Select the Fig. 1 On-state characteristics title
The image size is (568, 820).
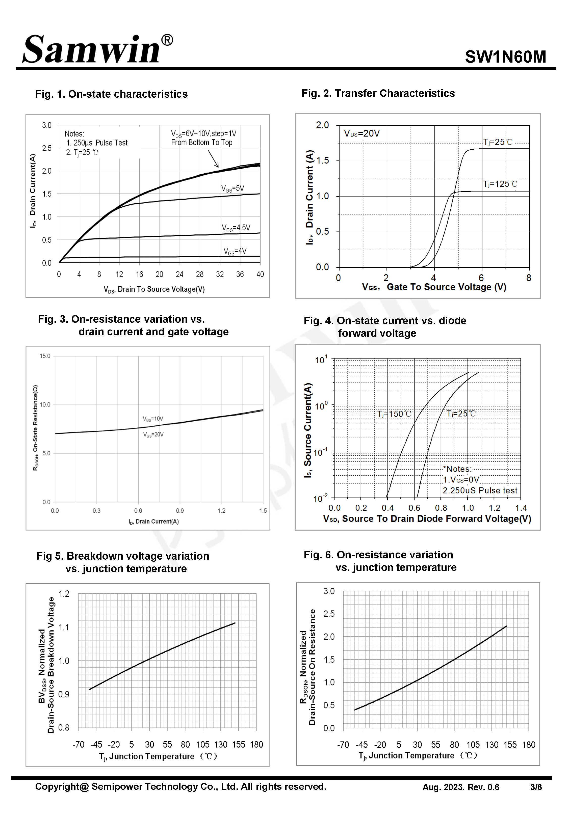click(111, 94)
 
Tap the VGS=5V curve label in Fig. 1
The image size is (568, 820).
click(233, 188)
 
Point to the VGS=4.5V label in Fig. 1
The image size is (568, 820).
click(236, 228)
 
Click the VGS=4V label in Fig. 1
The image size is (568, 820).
click(235, 251)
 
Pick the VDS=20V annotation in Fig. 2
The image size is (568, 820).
click(362, 133)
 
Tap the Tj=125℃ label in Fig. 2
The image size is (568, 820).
click(500, 184)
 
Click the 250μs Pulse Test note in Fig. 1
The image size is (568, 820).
click(97, 143)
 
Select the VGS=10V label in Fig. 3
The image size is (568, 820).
click(153, 419)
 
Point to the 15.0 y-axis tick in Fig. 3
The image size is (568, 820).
click(45, 356)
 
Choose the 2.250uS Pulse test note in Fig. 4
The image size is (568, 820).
click(480, 490)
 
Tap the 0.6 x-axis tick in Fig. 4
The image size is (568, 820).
click(414, 508)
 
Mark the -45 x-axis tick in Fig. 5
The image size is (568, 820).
click(96, 744)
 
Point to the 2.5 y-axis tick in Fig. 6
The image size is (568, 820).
click(329, 614)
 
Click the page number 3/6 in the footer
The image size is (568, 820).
click(536, 787)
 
